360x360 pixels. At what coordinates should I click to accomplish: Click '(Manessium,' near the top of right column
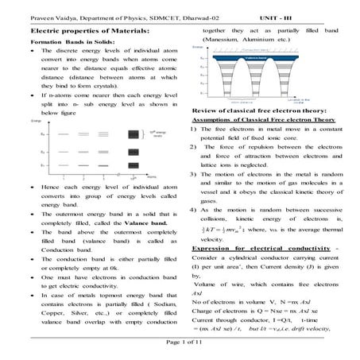click(x=228, y=37)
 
